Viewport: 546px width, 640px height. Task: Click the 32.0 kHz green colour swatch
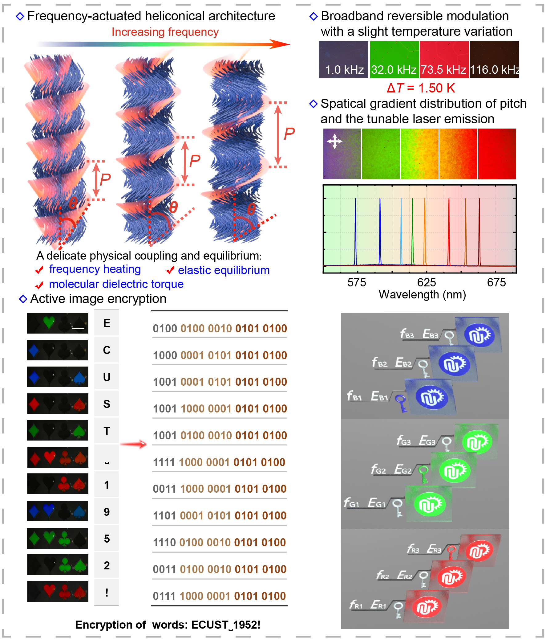(x=394, y=55)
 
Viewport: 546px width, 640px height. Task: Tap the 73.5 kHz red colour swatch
(x=443, y=55)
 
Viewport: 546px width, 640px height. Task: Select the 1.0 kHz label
(x=344, y=70)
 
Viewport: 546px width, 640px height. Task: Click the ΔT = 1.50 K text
(x=421, y=88)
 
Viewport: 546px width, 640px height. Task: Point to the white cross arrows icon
(x=334, y=142)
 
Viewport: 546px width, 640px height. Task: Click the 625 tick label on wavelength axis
(x=426, y=282)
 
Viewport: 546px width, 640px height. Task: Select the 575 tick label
(x=357, y=282)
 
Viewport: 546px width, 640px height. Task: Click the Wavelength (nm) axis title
(x=422, y=295)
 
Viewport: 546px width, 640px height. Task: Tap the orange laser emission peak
(x=424, y=232)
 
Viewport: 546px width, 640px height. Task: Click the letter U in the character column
(x=107, y=377)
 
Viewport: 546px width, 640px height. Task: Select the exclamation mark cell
(x=107, y=592)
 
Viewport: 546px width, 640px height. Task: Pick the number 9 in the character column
(x=107, y=512)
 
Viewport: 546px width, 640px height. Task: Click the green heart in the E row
(x=49, y=322)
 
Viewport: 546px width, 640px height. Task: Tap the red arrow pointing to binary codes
(x=133, y=444)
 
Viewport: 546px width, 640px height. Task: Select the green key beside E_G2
(x=423, y=473)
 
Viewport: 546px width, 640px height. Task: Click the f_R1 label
(x=356, y=604)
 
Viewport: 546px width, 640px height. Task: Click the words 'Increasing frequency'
(x=165, y=32)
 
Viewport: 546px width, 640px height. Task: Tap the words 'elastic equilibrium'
(x=224, y=270)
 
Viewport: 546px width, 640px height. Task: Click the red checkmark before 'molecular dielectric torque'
(x=39, y=285)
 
